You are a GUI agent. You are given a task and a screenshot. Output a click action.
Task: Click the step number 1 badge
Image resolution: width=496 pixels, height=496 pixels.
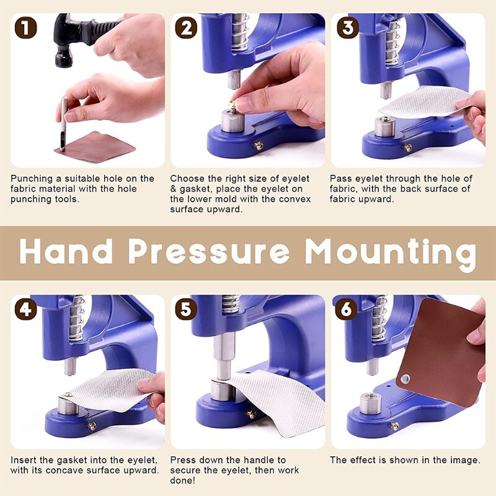click(x=25, y=28)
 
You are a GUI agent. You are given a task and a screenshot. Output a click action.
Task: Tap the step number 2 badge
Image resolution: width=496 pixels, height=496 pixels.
click(x=185, y=28)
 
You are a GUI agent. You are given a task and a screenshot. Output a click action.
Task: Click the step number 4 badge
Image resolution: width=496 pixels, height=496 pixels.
click(x=25, y=309)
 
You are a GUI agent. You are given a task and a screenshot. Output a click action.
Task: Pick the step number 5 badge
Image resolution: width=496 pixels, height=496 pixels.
click(x=185, y=309)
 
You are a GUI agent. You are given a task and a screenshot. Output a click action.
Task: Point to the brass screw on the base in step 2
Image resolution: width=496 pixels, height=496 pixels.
click(x=259, y=146)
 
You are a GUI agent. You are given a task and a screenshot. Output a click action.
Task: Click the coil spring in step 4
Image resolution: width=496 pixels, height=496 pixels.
click(x=77, y=319)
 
